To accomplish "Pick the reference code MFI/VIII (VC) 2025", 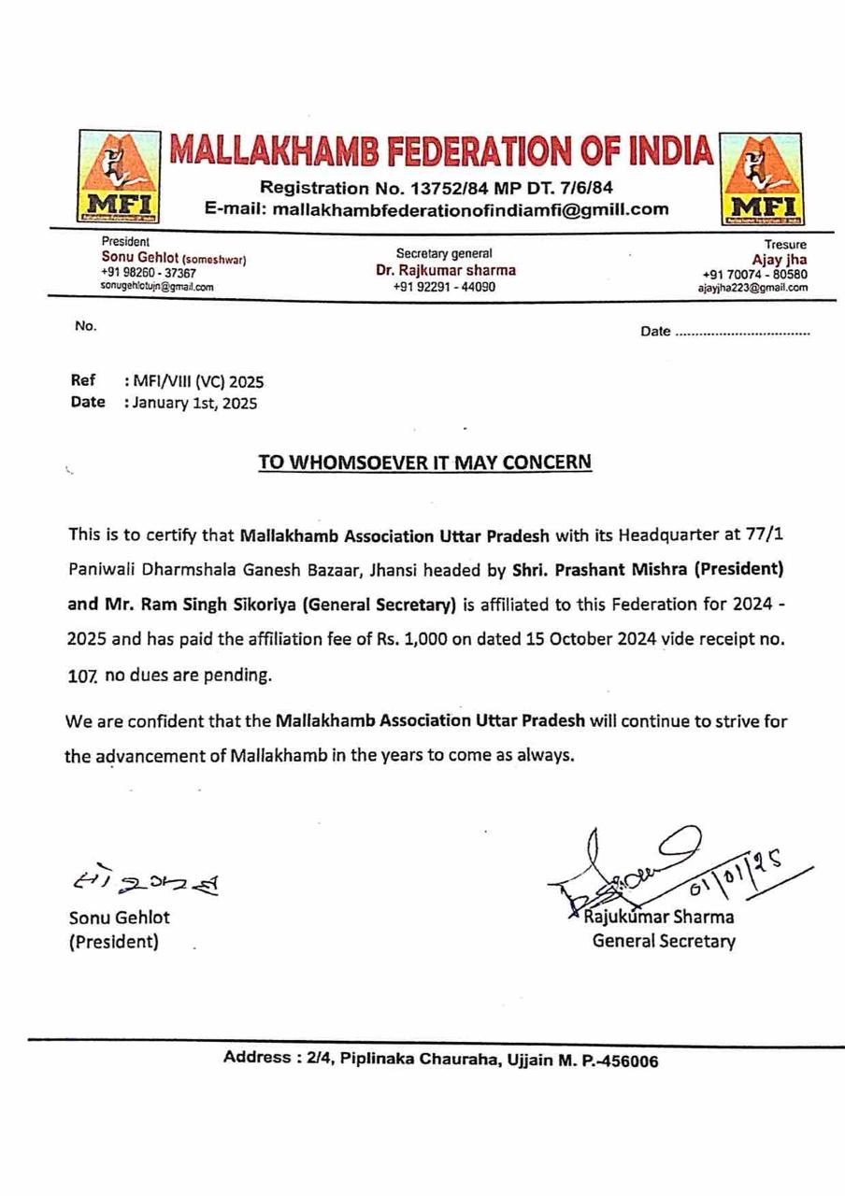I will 194,381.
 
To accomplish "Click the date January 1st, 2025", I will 191,404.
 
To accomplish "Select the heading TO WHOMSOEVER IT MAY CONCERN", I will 425,463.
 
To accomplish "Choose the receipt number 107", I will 82,676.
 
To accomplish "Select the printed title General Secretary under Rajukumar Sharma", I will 663,941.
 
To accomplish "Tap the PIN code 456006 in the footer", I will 631,1061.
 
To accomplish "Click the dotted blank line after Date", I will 742,333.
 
